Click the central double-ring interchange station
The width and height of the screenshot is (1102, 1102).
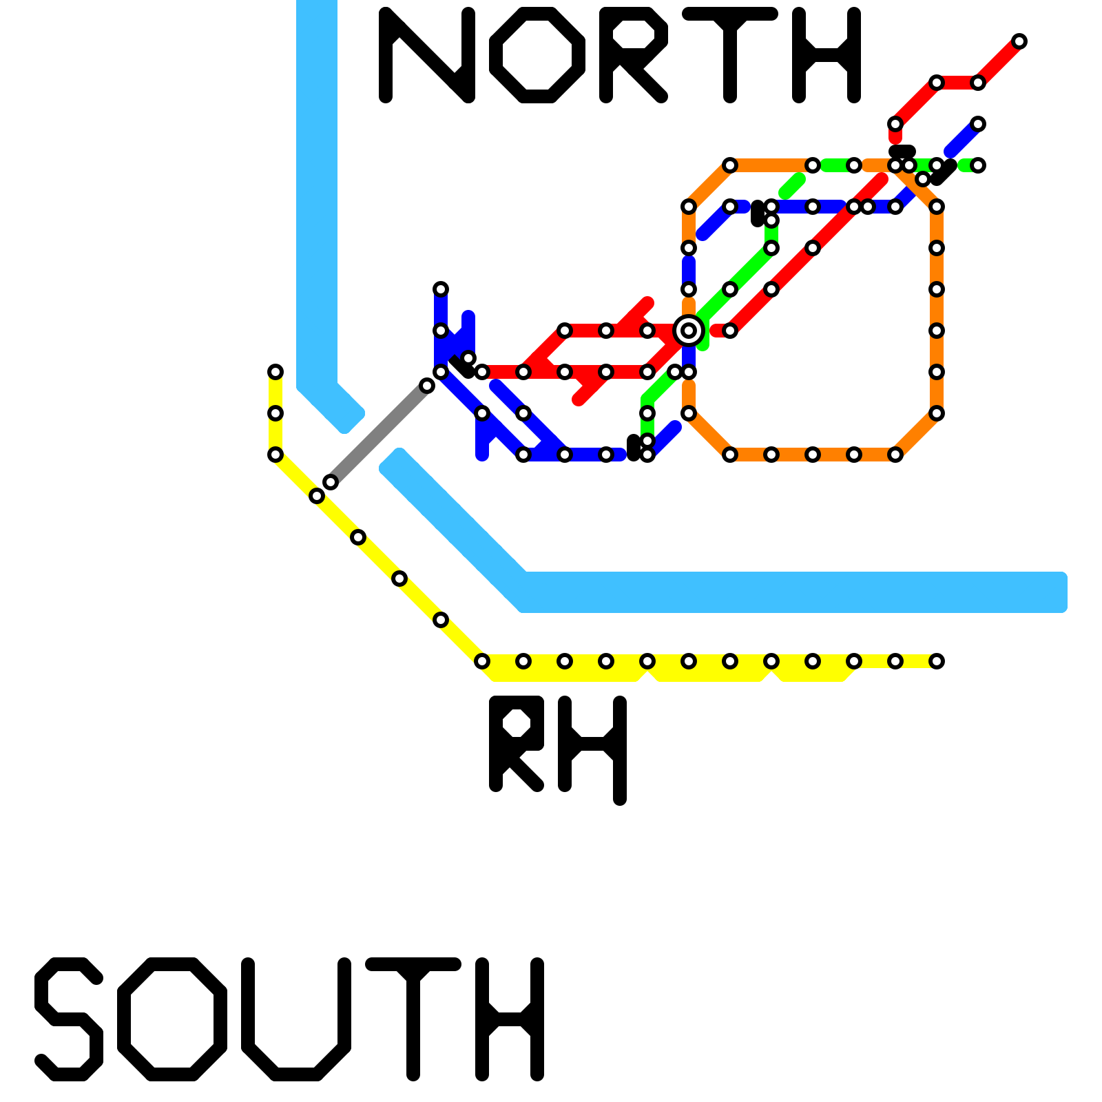(689, 331)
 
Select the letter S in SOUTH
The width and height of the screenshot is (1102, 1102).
(69, 1019)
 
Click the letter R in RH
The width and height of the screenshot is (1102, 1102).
(517, 744)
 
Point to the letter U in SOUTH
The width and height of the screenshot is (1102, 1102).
(296, 1019)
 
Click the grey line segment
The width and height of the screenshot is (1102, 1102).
(379, 434)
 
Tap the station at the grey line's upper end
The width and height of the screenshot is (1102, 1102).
(427, 386)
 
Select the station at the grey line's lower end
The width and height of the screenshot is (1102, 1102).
(331, 482)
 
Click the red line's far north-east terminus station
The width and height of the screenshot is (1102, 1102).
(1019, 41)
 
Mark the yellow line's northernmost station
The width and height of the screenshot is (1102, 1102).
(275, 372)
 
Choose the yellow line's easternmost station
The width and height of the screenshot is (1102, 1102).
(937, 661)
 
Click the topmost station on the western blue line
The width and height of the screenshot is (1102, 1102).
(441, 289)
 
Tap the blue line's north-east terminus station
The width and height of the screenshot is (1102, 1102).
(978, 124)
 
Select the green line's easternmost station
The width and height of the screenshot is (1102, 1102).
(978, 165)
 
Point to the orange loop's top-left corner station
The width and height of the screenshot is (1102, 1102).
(730, 165)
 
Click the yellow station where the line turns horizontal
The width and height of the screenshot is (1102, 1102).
(482, 661)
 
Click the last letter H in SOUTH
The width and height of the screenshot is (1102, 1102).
(510, 1019)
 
